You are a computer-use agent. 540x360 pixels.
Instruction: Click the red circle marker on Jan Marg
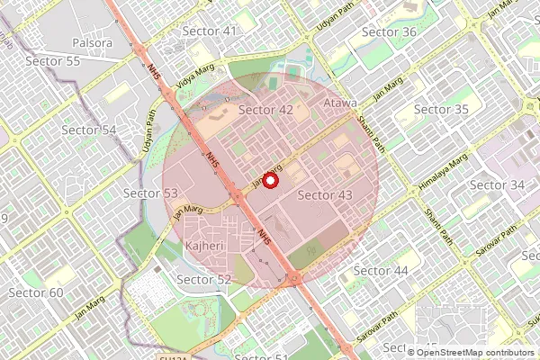pos(270,180)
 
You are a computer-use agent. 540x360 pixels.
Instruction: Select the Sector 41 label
pos(210,31)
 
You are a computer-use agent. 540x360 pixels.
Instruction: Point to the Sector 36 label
pos(389,31)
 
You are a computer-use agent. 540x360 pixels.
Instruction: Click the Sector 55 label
pos(53,61)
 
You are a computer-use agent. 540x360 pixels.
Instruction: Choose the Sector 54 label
pos(89,130)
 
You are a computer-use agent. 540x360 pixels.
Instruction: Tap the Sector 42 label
pos(266,110)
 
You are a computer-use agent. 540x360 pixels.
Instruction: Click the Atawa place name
pos(340,103)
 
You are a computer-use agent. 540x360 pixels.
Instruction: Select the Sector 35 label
pos(441,110)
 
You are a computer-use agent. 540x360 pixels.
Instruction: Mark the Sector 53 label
pos(150,193)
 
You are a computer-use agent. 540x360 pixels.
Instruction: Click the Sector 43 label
pos(324,194)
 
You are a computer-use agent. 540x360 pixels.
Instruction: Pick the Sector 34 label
pos(498,184)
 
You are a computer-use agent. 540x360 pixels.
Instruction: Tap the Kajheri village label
pos(204,246)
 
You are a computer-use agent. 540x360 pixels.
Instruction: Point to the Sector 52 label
pos(203,280)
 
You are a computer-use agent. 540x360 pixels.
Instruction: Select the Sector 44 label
pos(381,271)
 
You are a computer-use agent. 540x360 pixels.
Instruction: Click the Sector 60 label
pos(36,293)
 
